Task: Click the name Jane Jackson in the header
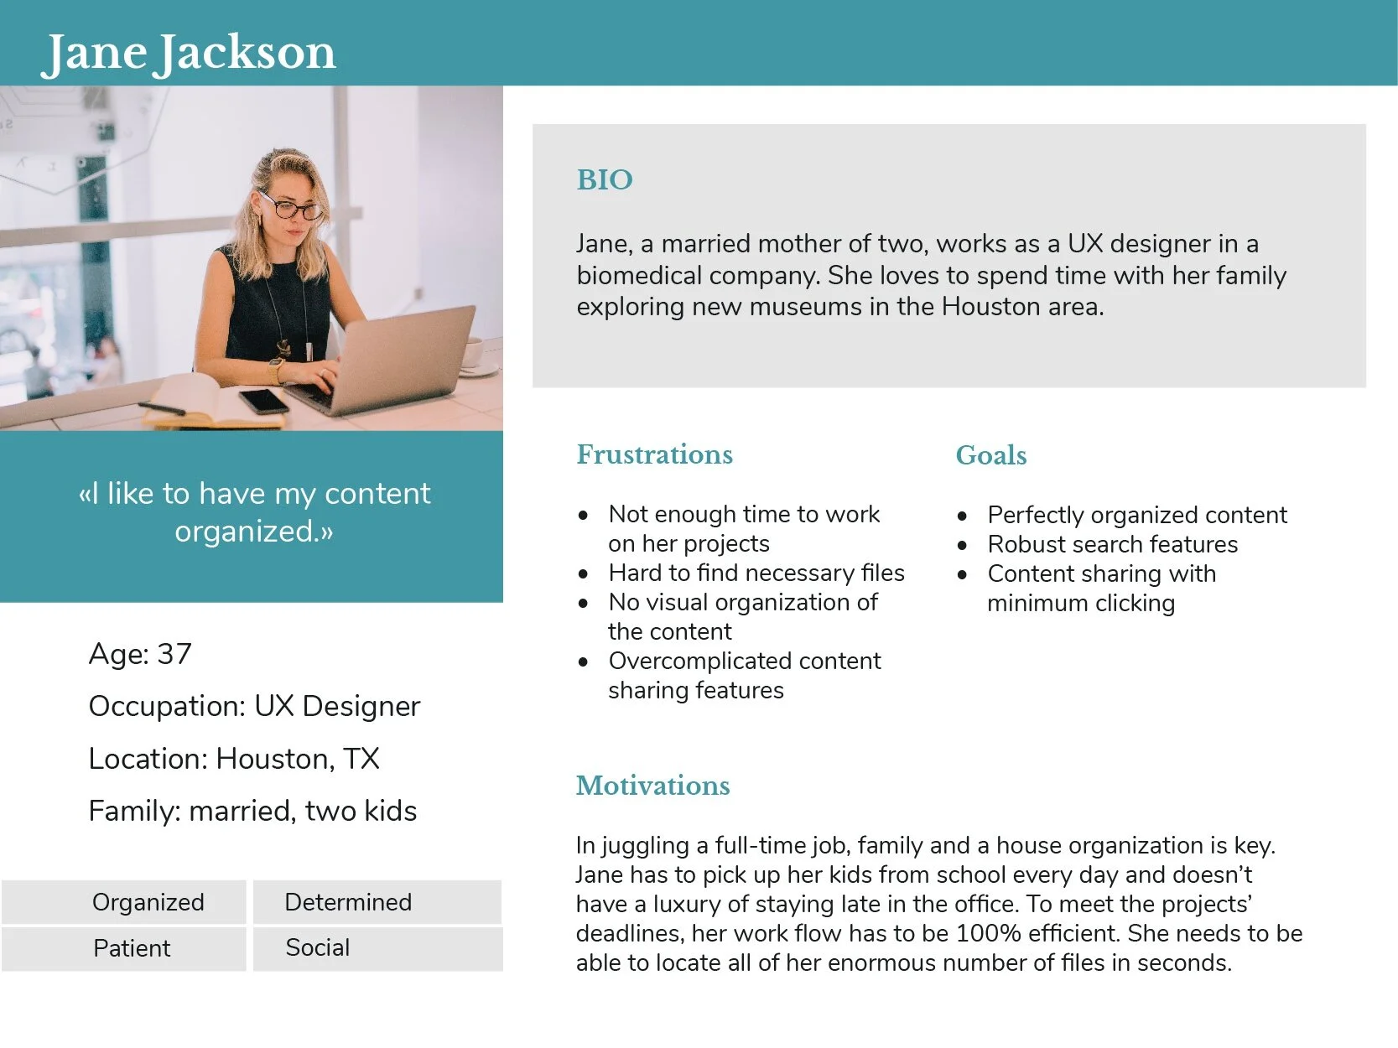(x=189, y=52)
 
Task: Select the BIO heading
(x=604, y=179)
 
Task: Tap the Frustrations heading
(x=654, y=454)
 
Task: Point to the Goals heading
(x=990, y=455)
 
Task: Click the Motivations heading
(x=652, y=786)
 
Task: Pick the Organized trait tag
(x=148, y=902)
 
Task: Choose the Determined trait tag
(x=348, y=902)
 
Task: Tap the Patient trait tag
(x=132, y=948)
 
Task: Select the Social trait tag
(x=318, y=947)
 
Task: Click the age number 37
(x=174, y=654)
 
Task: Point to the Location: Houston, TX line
(x=234, y=759)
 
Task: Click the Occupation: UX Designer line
(x=254, y=706)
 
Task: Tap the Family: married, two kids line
(x=252, y=811)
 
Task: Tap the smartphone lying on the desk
(x=263, y=401)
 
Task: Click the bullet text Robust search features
(x=1112, y=544)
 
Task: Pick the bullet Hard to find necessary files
(x=756, y=573)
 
